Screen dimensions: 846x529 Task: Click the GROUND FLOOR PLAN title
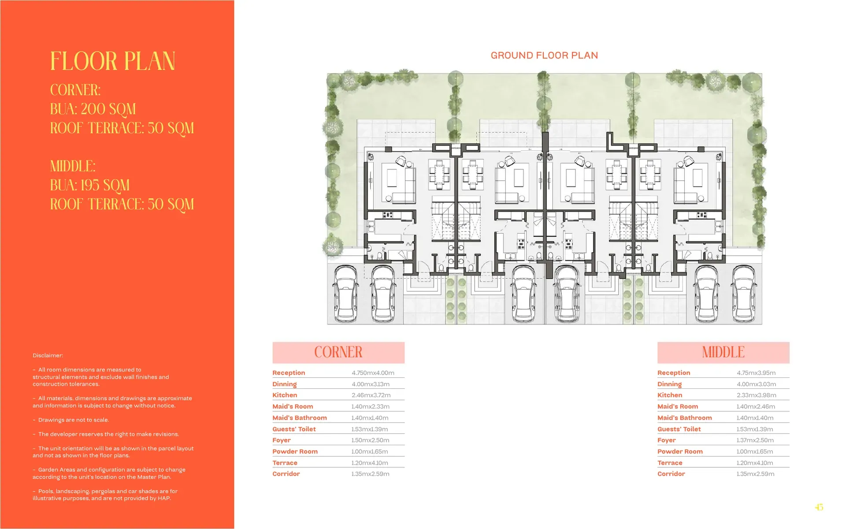pyautogui.click(x=544, y=56)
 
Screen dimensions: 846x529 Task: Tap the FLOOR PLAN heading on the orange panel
pyautogui.click(x=113, y=61)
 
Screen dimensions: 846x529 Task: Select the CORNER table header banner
pyautogui.click(x=338, y=352)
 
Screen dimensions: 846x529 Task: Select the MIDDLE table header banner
pyautogui.click(x=723, y=352)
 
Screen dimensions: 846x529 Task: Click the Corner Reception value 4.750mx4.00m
pyautogui.click(x=373, y=373)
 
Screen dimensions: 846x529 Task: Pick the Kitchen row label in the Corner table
pyautogui.click(x=285, y=395)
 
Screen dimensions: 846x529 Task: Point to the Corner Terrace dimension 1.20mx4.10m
pyautogui.click(x=370, y=463)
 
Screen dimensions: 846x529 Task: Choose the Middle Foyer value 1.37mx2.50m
pyautogui.click(x=755, y=440)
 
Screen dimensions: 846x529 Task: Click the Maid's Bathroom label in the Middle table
pyautogui.click(x=685, y=418)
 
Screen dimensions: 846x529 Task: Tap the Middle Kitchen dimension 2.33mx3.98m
pyautogui.click(x=757, y=395)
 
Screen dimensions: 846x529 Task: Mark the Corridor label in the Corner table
pyautogui.click(x=286, y=474)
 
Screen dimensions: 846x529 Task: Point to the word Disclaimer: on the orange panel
pyautogui.click(x=48, y=355)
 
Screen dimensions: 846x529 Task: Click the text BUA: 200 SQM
pyautogui.click(x=93, y=109)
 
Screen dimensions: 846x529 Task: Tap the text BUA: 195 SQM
pyautogui.click(x=90, y=185)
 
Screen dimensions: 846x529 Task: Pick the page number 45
pyautogui.click(x=819, y=507)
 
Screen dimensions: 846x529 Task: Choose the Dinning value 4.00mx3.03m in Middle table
pyautogui.click(x=757, y=384)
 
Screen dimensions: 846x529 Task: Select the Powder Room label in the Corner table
pyautogui.click(x=295, y=451)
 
